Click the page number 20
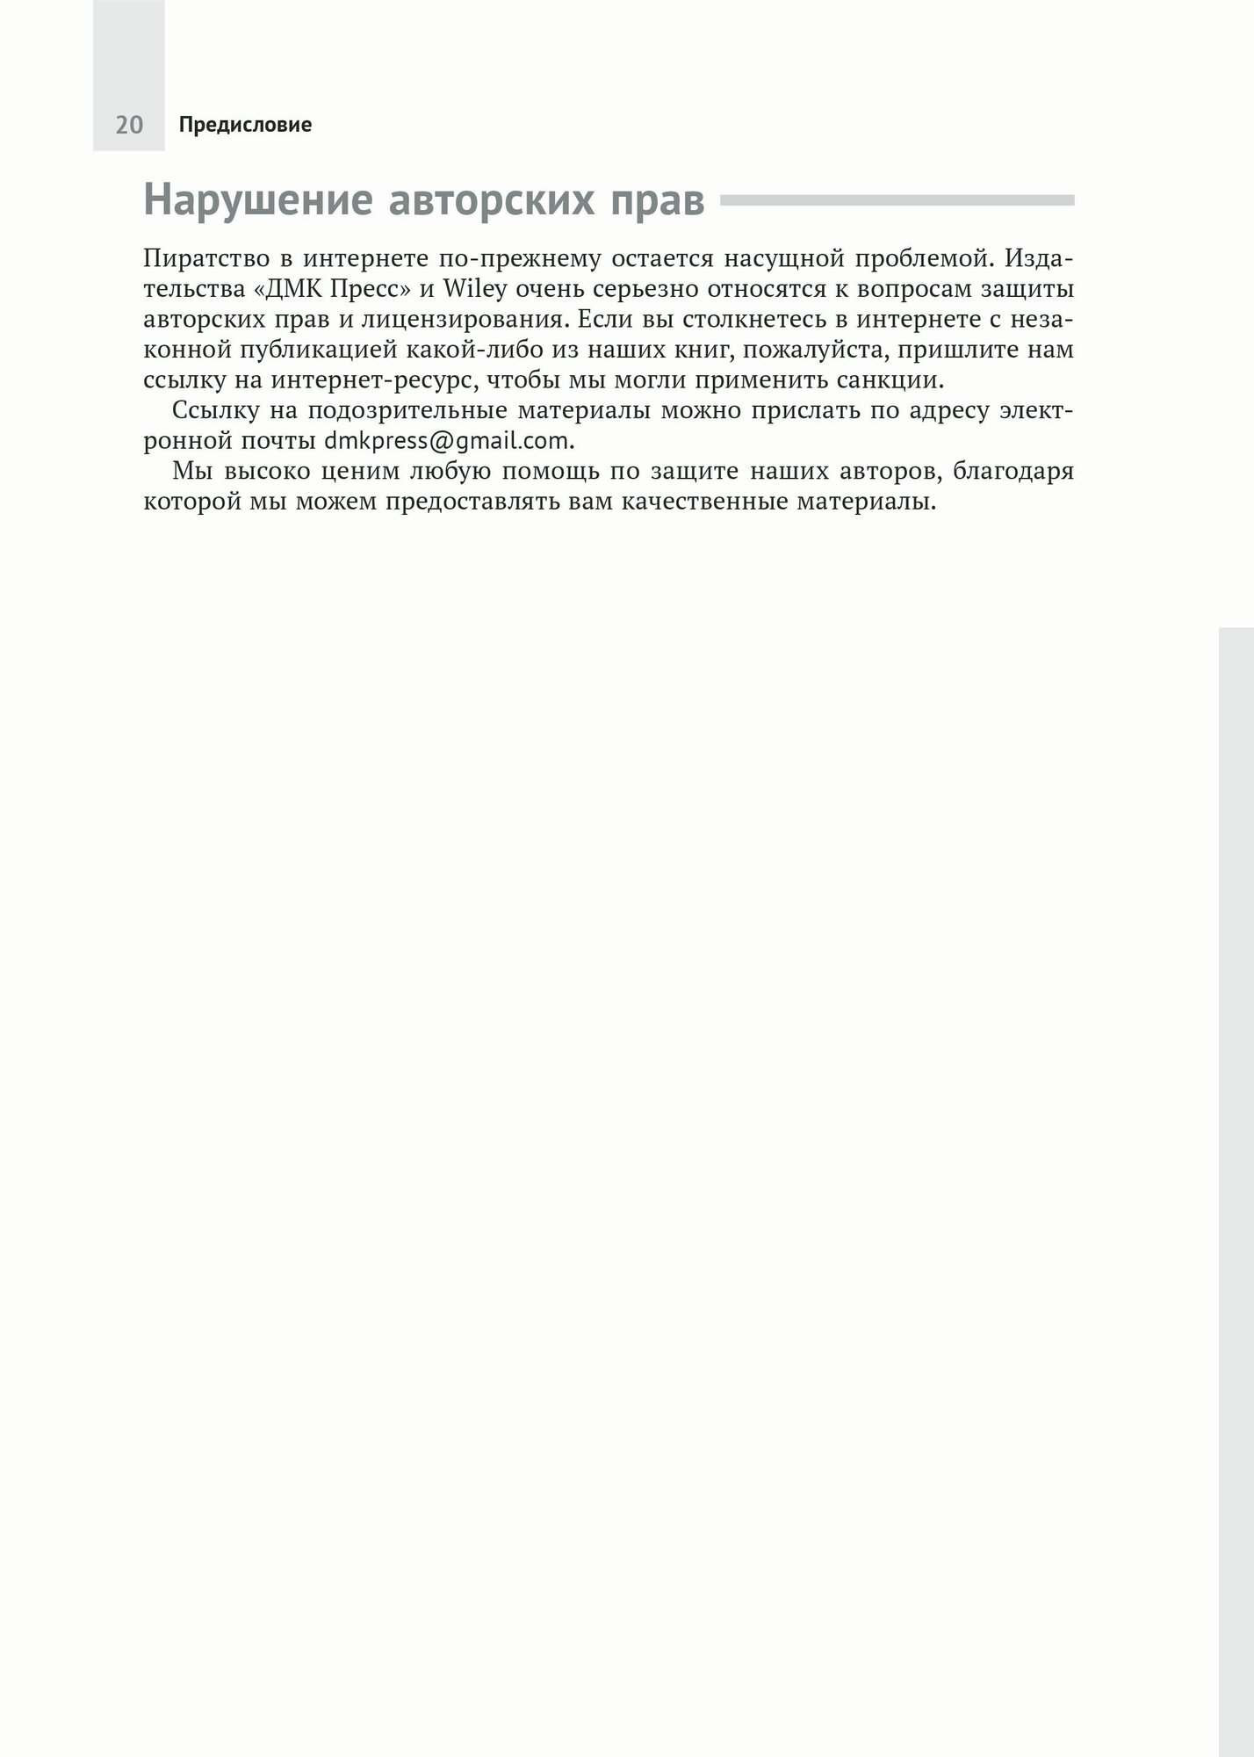tap(129, 126)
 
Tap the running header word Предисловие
tap(245, 126)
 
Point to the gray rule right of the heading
tap(897, 200)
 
